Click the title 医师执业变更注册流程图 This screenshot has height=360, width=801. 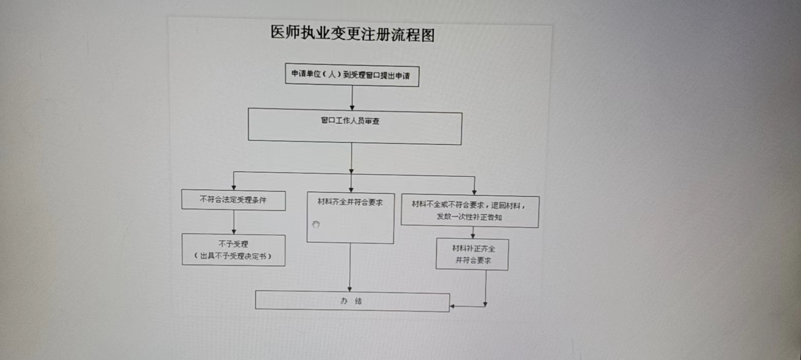coord(353,34)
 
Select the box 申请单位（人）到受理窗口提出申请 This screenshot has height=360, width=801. coord(352,75)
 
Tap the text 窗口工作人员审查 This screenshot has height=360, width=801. coord(350,121)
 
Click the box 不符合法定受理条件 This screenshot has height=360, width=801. coord(234,200)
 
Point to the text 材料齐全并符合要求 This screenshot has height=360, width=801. coord(350,202)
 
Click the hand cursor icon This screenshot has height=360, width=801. coord(316,224)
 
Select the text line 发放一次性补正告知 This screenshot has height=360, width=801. coord(469,217)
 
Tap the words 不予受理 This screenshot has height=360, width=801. coord(233,244)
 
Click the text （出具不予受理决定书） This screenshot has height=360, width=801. coord(233,256)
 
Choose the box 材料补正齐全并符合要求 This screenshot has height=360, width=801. coord(472,254)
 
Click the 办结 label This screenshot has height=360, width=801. coord(351,301)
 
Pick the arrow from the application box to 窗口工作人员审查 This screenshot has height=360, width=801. coord(352,98)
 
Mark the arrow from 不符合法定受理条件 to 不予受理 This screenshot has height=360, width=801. coord(234,222)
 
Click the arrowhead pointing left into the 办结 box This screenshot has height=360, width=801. coord(452,307)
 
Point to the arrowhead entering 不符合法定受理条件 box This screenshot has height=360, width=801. coord(234,187)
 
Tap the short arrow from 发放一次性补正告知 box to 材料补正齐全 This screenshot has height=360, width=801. coord(473,233)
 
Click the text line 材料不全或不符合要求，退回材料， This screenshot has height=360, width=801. coord(468,205)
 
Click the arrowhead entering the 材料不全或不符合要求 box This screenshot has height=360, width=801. coord(474,193)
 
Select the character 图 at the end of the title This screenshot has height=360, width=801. coord(428,35)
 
